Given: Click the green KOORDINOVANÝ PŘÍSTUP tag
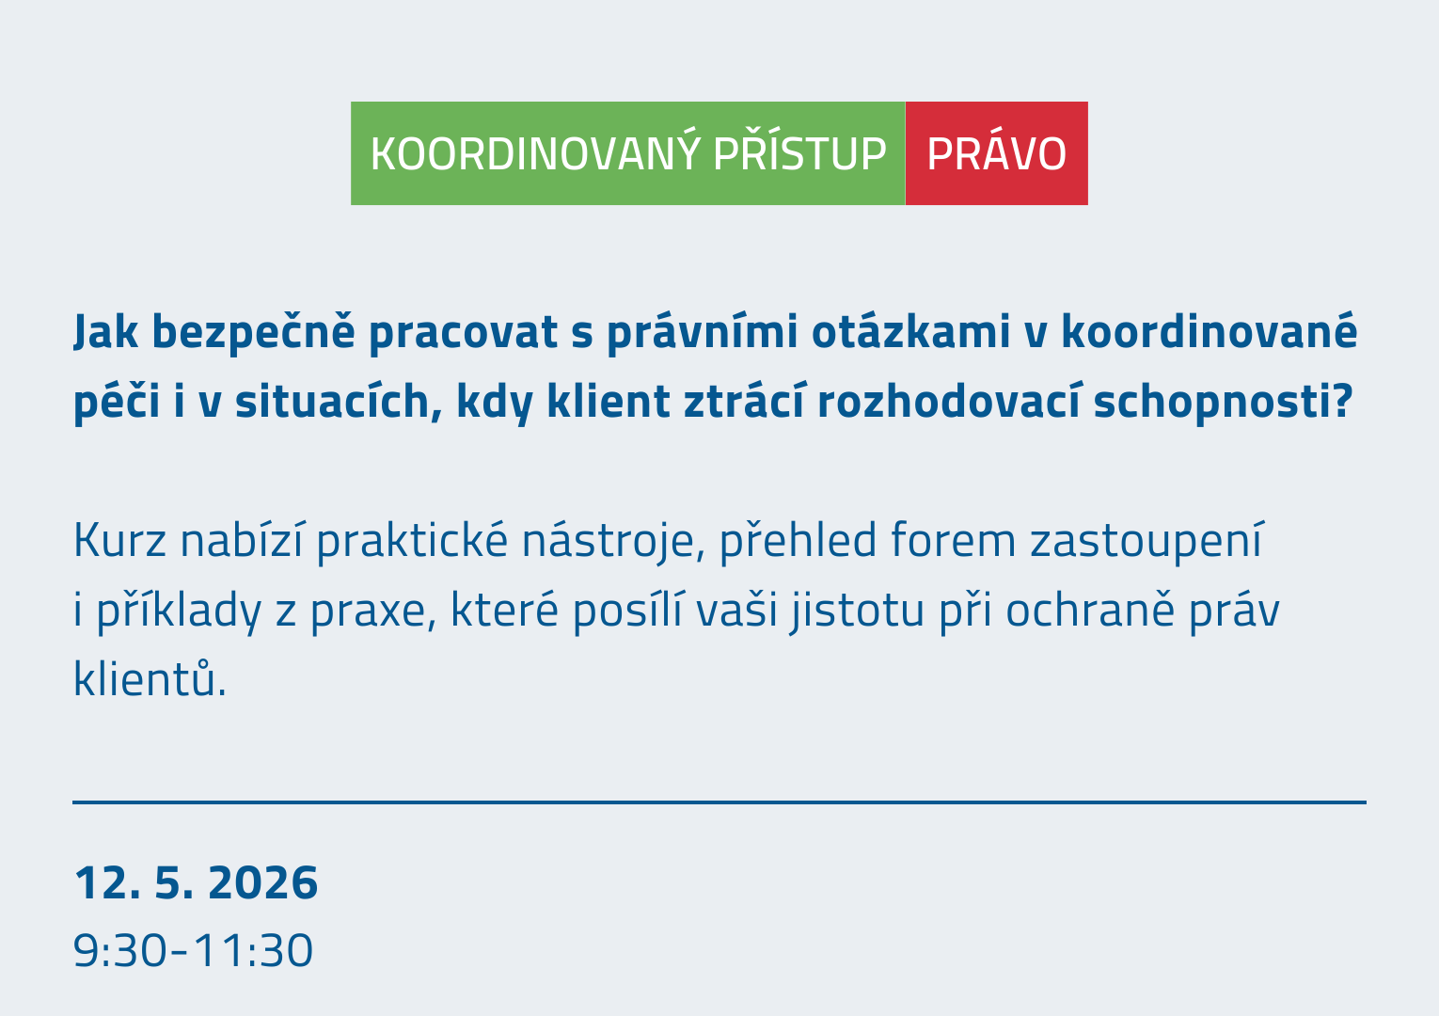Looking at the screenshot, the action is [627, 153].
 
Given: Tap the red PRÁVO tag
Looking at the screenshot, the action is [996, 153].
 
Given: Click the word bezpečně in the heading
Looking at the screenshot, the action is [253, 331].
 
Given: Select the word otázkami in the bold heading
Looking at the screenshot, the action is [911, 331].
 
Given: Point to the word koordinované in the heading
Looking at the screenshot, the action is [1209, 331].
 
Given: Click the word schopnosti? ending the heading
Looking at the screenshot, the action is [1223, 402].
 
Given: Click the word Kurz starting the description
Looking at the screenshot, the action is [120, 540].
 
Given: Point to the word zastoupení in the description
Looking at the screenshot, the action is [1146, 541].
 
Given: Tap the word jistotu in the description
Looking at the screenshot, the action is [857, 611].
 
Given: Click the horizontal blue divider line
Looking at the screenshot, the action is [719, 802].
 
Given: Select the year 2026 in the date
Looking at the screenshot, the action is [263, 882].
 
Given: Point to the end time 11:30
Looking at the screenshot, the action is [253, 950].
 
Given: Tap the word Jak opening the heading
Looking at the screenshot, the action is [105, 331].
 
